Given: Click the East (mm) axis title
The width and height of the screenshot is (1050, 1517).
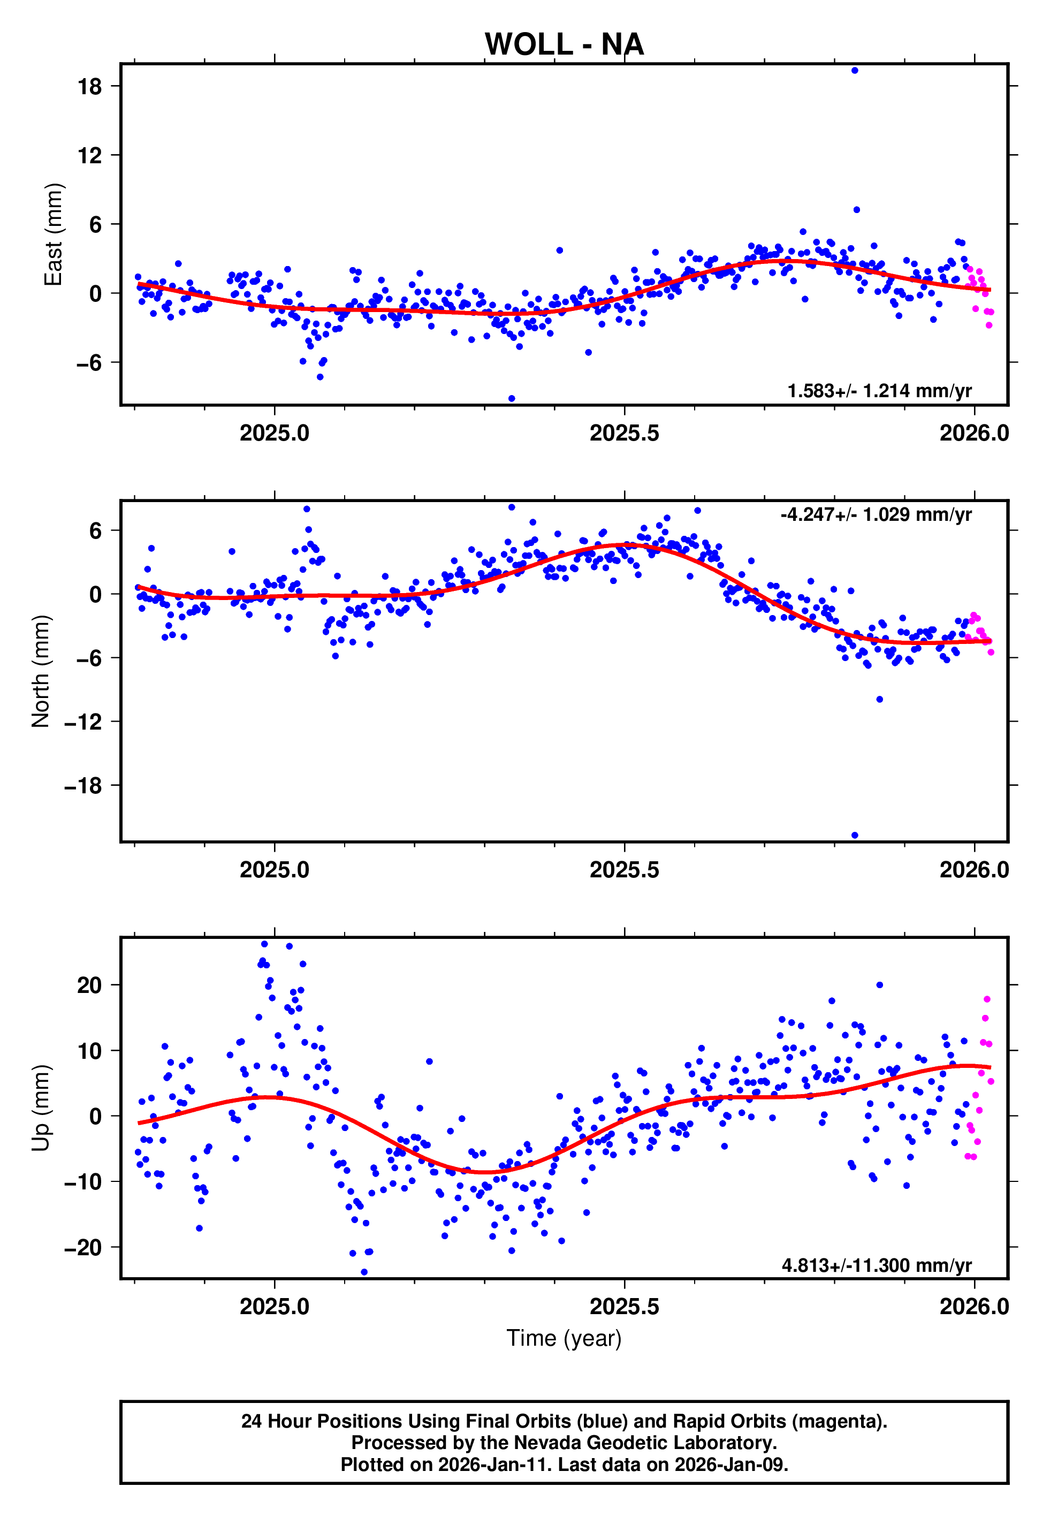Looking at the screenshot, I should tap(54, 234).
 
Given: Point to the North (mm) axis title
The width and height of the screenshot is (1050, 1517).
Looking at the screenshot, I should tap(41, 671).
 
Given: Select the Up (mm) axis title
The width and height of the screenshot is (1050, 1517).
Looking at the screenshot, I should tap(41, 1108).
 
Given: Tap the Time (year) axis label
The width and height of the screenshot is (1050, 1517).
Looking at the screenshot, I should tap(564, 1338).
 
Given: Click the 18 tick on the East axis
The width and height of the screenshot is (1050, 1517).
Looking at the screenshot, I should tap(90, 86).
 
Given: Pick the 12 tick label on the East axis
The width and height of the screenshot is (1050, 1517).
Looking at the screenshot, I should tap(90, 155).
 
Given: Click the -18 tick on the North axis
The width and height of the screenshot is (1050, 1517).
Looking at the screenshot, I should tap(83, 785).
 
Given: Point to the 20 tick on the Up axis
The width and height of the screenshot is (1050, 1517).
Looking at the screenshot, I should tap(90, 985).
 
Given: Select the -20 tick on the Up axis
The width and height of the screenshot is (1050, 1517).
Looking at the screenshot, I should tap(83, 1247).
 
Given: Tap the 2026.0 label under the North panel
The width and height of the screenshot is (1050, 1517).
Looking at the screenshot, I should tap(973, 870).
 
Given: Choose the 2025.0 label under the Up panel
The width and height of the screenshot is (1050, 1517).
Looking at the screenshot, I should tap(275, 1307).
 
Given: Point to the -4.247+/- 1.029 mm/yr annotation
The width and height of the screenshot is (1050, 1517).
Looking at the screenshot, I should tap(876, 514).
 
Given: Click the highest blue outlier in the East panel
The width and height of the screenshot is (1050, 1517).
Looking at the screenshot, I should tap(854, 70).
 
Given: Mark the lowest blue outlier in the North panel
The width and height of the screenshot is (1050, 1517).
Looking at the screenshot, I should tap(855, 836).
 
